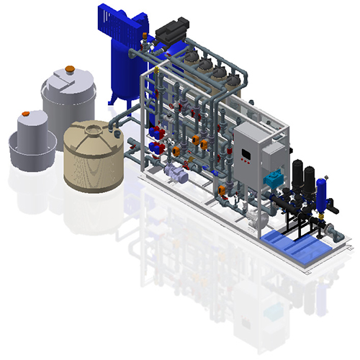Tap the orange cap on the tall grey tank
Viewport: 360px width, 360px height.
(x=70, y=69)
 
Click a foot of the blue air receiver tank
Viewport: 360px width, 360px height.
(x=112, y=99)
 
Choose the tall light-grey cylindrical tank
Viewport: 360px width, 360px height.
(x=69, y=101)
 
